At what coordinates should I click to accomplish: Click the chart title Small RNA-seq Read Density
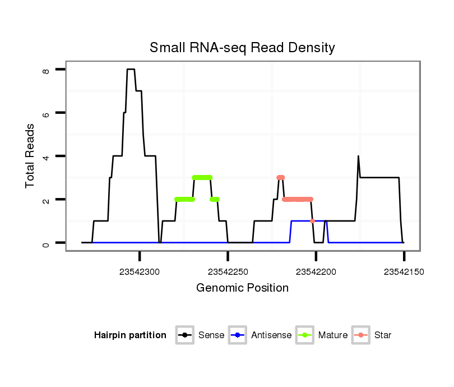[x=242, y=48]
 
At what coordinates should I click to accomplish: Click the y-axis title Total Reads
[x=31, y=155]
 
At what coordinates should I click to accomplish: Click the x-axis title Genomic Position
[x=242, y=288]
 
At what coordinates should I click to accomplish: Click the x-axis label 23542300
[x=140, y=271]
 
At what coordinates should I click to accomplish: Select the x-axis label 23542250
[x=228, y=271]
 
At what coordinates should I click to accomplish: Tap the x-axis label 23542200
[x=316, y=271]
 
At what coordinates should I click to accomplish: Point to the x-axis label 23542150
[x=404, y=271]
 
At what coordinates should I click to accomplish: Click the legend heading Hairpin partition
[x=130, y=335]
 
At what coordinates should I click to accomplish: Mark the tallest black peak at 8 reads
[x=131, y=70]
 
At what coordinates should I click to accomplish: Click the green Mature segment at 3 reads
[x=202, y=178]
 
